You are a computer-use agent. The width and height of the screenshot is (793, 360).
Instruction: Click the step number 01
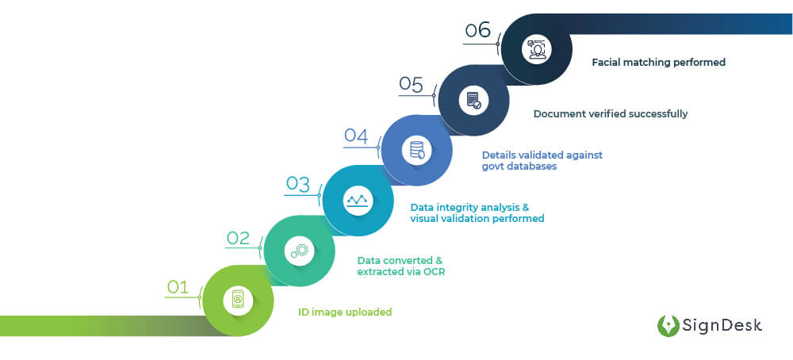(178, 286)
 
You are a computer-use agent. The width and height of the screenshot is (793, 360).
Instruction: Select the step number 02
(238, 237)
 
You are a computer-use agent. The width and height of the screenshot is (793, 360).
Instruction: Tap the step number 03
(297, 184)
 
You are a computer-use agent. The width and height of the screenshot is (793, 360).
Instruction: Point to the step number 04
(356, 135)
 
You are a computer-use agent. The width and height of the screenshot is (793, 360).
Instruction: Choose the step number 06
(478, 31)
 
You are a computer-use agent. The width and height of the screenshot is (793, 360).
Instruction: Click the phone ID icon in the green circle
(238, 300)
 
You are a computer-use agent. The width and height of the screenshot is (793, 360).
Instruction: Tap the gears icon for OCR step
(299, 251)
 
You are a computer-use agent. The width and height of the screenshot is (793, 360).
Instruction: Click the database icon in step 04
(416, 150)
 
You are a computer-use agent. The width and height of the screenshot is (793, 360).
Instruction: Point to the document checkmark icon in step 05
(473, 101)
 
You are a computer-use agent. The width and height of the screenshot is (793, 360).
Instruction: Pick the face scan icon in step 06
(536, 49)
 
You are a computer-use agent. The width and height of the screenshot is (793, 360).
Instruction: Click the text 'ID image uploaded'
(345, 312)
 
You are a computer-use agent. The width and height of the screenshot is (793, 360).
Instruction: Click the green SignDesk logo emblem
(668, 326)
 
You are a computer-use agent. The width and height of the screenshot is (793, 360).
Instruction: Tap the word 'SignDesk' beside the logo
(723, 325)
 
